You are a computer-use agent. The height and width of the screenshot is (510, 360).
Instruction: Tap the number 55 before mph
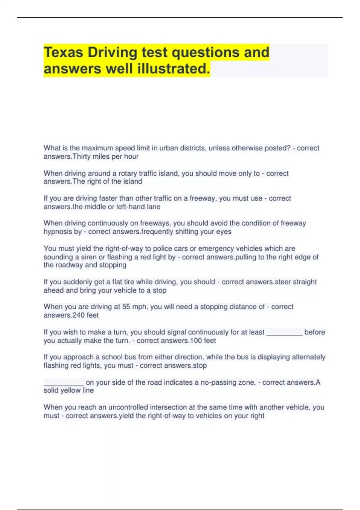(126, 307)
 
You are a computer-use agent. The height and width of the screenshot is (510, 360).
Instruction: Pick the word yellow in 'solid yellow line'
(70, 391)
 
